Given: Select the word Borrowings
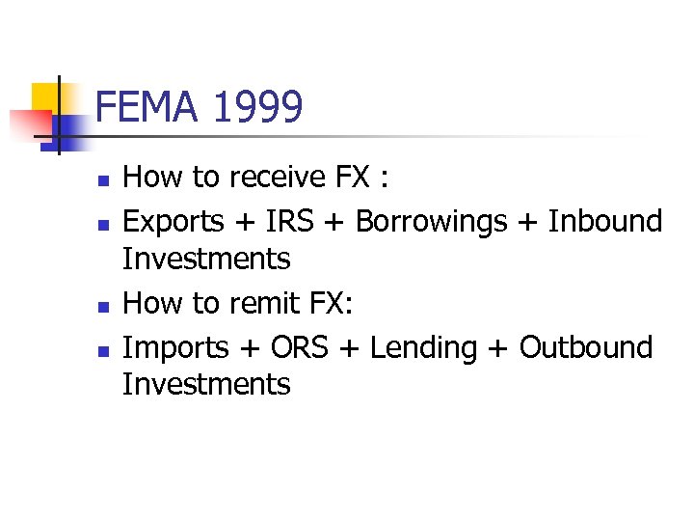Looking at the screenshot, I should coord(431,222).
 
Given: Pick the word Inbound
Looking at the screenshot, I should coord(605,221).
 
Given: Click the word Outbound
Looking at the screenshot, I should coord(586,346).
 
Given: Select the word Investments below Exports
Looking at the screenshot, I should coord(206,259).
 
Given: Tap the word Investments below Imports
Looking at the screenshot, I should coord(206,384).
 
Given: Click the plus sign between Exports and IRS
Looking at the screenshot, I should coord(243,223).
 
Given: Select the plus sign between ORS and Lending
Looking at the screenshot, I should coord(352,348).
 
